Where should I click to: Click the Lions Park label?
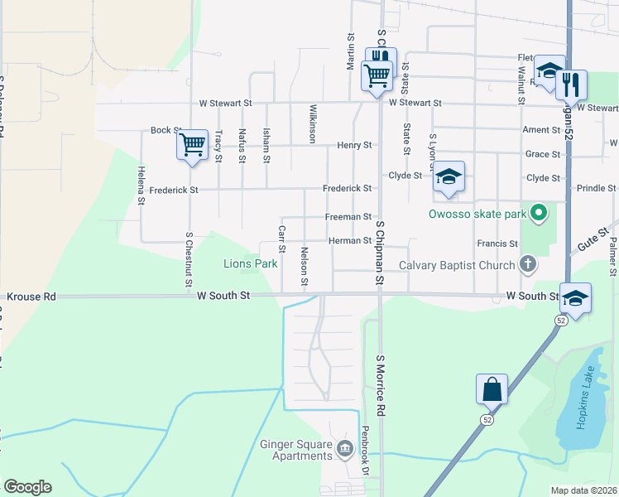click(x=250, y=264)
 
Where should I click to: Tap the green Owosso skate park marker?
click(x=540, y=215)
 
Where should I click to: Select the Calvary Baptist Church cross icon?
click(x=527, y=265)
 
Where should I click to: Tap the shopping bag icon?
click(x=492, y=388)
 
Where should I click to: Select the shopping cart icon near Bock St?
click(x=192, y=145)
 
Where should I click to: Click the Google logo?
click(x=27, y=487)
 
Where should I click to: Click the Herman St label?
click(x=349, y=241)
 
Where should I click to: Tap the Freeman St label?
click(x=348, y=217)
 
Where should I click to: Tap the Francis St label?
click(x=497, y=244)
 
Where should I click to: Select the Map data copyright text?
click(x=584, y=490)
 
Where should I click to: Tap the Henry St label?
click(x=354, y=145)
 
